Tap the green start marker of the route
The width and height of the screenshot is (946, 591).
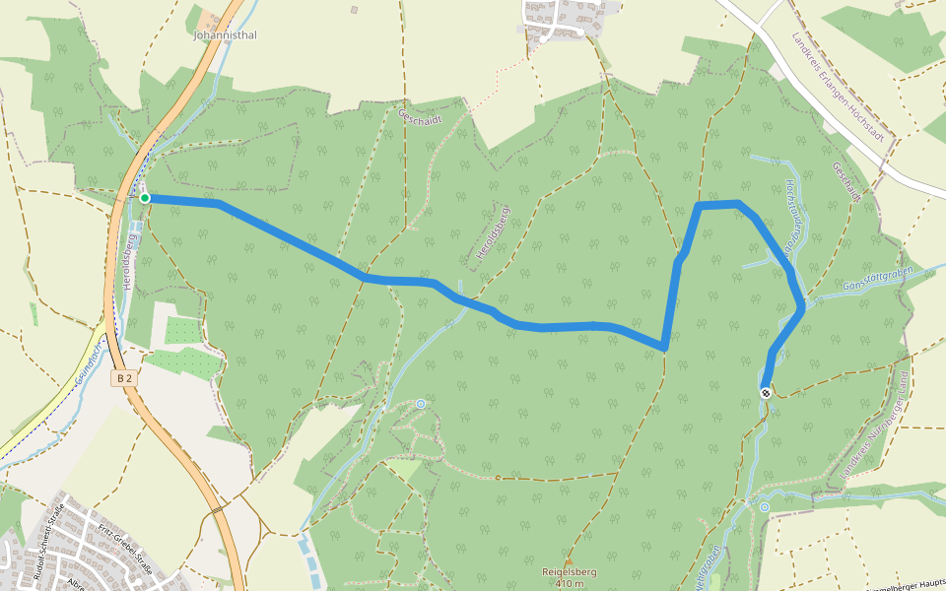(x=145, y=198)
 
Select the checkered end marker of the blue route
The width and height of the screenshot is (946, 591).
(x=766, y=393)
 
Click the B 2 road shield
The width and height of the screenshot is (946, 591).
(x=123, y=377)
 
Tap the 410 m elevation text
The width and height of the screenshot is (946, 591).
(x=570, y=584)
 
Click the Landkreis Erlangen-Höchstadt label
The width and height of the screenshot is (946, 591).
(x=833, y=84)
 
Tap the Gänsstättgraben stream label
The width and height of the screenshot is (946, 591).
(x=879, y=278)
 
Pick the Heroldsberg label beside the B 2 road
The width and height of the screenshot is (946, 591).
(x=129, y=261)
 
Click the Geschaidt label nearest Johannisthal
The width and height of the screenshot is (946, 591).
(x=420, y=117)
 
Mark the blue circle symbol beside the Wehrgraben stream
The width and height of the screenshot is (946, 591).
(x=764, y=507)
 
